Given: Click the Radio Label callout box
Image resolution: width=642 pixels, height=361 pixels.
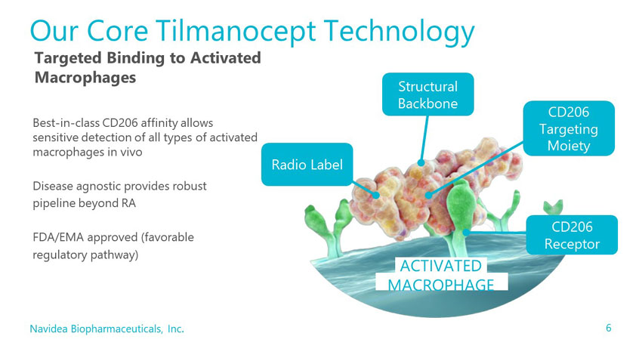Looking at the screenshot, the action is click(x=307, y=164).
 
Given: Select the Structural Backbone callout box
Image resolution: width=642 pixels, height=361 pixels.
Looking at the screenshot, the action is click(x=427, y=94).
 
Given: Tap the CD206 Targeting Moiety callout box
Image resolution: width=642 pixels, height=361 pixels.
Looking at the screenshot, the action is click(x=569, y=128).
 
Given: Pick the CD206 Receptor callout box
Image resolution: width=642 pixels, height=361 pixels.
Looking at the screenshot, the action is click(x=572, y=235).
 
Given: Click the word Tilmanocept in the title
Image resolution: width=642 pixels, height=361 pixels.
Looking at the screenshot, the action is click(x=236, y=31).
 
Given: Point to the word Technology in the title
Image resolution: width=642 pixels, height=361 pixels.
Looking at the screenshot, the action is click(x=399, y=32).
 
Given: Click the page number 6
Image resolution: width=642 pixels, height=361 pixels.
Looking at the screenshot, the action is click(x=609, y=328).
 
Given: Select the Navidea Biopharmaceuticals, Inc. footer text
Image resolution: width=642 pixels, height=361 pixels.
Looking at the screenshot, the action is click(x=106, y=329).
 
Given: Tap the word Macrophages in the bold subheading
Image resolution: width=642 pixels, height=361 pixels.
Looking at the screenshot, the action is click(x=85, y=77).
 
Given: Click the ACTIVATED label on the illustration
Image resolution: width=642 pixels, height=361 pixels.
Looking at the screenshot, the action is click(x=440, y=266).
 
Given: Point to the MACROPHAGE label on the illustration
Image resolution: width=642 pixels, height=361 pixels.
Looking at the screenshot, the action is click(x=441, y=285).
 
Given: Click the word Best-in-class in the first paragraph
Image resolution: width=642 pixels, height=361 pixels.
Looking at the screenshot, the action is click(x=66, y=123).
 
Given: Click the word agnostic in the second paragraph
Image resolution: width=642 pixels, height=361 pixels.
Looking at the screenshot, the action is click(x=100, y=187).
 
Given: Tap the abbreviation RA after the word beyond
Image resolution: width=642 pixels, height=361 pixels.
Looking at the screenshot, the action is click(x=128, y=203).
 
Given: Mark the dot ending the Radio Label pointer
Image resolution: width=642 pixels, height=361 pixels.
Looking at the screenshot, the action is click(x=376, y=196).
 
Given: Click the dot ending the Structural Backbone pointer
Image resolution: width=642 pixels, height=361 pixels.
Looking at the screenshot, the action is click(x=421, y=163).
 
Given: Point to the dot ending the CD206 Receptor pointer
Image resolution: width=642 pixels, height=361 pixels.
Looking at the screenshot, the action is click(x=465, y=233).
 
